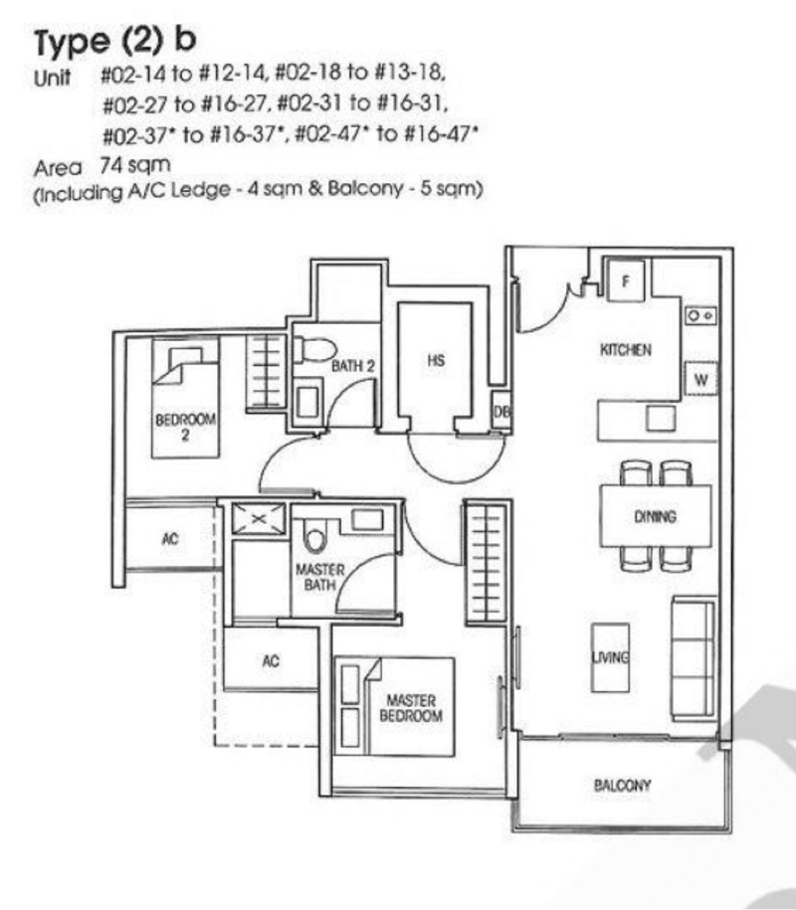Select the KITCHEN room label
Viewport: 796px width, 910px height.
(625, 350)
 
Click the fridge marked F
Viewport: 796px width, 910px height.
(625, 280)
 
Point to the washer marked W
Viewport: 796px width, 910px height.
(699, 379)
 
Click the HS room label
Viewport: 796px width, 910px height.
(435, 361)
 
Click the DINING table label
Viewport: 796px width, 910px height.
(654, 517)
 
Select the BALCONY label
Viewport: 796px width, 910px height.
(622, 786)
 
